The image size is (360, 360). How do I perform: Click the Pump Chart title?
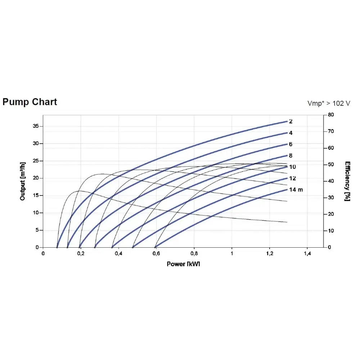tap(30, 102)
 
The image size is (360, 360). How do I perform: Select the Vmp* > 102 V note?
tap(329, 103)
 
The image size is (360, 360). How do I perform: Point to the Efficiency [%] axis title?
tap(347, 181)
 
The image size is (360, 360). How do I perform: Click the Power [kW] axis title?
tap(183, 264)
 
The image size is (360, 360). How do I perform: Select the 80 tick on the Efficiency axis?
tap(330, 115)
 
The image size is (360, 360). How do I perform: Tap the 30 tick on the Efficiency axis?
tap(330, 198)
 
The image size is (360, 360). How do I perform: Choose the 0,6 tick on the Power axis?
tap(156, 254)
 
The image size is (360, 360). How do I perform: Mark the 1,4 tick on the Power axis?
tap(307, 254)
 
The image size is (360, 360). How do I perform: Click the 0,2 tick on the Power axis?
tap(81, 254)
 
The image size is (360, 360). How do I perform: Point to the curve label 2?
tap(291, 121)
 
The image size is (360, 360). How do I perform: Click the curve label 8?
tap(291, 156)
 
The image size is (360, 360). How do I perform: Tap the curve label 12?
tap(292, 178)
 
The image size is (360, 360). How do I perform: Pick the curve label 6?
tap(291, 144)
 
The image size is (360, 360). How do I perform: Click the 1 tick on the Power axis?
tap(232, 254)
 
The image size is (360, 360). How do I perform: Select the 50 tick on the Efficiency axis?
tap(330, 165)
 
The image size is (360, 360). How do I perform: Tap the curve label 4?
tap(291, 133)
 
